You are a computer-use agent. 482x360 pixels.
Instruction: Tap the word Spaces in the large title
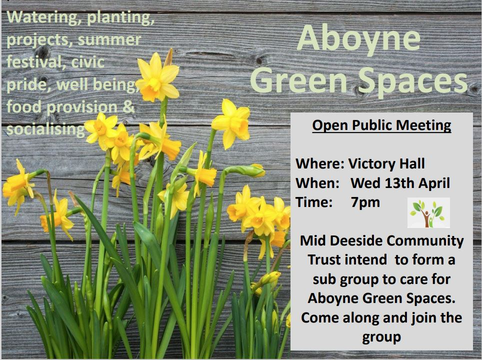pos(413,80)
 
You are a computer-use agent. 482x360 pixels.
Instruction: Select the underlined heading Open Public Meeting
pos(381,125)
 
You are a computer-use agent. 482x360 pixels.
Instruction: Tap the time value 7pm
pos(365,202)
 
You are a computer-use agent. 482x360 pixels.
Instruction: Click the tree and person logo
pos(428,212)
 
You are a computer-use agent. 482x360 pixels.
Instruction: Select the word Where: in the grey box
pos(320,163)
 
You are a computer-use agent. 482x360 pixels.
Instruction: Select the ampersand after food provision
pos(129,107)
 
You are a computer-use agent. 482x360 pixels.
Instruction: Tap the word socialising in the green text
pos(45,129)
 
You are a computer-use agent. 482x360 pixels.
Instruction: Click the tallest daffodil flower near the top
pos(157,77)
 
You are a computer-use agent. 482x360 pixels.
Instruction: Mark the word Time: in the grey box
pos(314,202)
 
